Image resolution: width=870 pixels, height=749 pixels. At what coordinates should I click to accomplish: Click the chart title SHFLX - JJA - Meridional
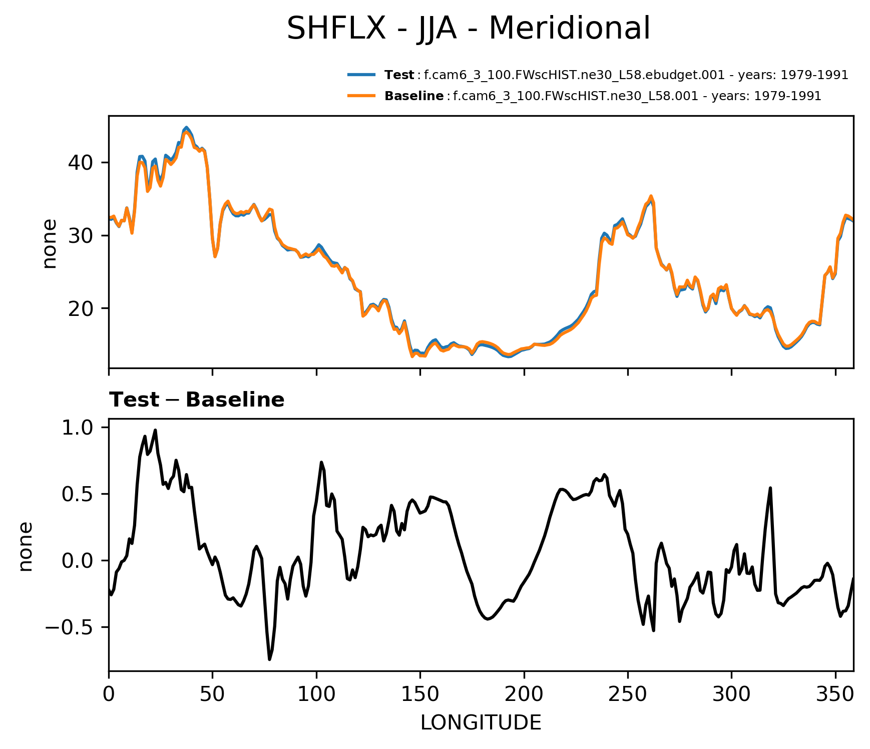[469, 28]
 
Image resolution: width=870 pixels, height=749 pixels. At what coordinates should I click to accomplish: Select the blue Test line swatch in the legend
[361, 75]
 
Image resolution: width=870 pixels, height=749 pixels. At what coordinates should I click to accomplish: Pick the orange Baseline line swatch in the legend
[361, 96]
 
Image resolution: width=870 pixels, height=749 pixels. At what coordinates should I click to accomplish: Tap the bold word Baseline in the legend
[413, 96]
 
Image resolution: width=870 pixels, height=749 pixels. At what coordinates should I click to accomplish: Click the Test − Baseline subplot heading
[197, 400]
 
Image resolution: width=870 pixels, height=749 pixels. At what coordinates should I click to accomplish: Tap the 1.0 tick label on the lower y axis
[77, 428]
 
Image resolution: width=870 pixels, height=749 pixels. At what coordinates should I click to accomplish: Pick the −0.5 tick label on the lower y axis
[71, 627]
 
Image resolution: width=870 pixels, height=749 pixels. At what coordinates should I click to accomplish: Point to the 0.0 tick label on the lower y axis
[77, 561]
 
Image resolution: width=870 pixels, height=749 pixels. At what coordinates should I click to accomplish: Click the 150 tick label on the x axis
[420, 694]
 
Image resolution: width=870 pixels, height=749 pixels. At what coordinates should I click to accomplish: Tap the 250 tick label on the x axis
[628, 694]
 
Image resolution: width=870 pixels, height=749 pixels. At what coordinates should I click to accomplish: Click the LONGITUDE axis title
[481, 722]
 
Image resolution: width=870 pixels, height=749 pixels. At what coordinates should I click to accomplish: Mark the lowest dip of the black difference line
[269, 659]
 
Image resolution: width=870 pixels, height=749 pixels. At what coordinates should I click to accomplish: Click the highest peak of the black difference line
[155, 430]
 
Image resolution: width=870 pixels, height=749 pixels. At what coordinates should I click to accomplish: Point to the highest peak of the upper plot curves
[186, 128]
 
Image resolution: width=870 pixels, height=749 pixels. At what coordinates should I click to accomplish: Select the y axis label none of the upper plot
[50, 244]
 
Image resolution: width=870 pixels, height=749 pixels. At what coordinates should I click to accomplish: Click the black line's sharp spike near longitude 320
[770, 488]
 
